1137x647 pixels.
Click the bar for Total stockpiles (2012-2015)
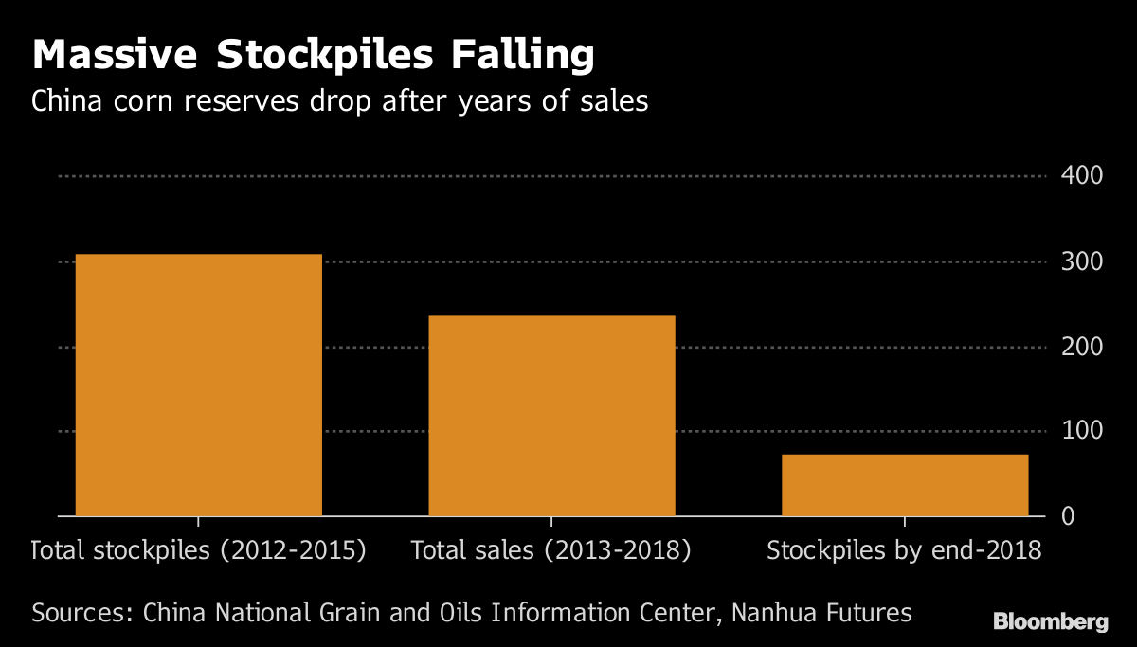[x=198, y=385]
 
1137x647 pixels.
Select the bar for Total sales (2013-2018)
[x=551, y=416]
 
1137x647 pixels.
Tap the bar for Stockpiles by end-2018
[x=905, y=485]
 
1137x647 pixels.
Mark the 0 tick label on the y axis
[x=1068, y=517]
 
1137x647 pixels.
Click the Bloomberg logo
[x=1050, y=622]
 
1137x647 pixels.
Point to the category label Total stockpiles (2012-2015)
[x=199, y=550]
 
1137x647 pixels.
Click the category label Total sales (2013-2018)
[x=551, y=550]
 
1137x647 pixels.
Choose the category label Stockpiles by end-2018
[x=904, y=550]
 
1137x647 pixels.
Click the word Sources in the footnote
[x=81, y=613]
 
